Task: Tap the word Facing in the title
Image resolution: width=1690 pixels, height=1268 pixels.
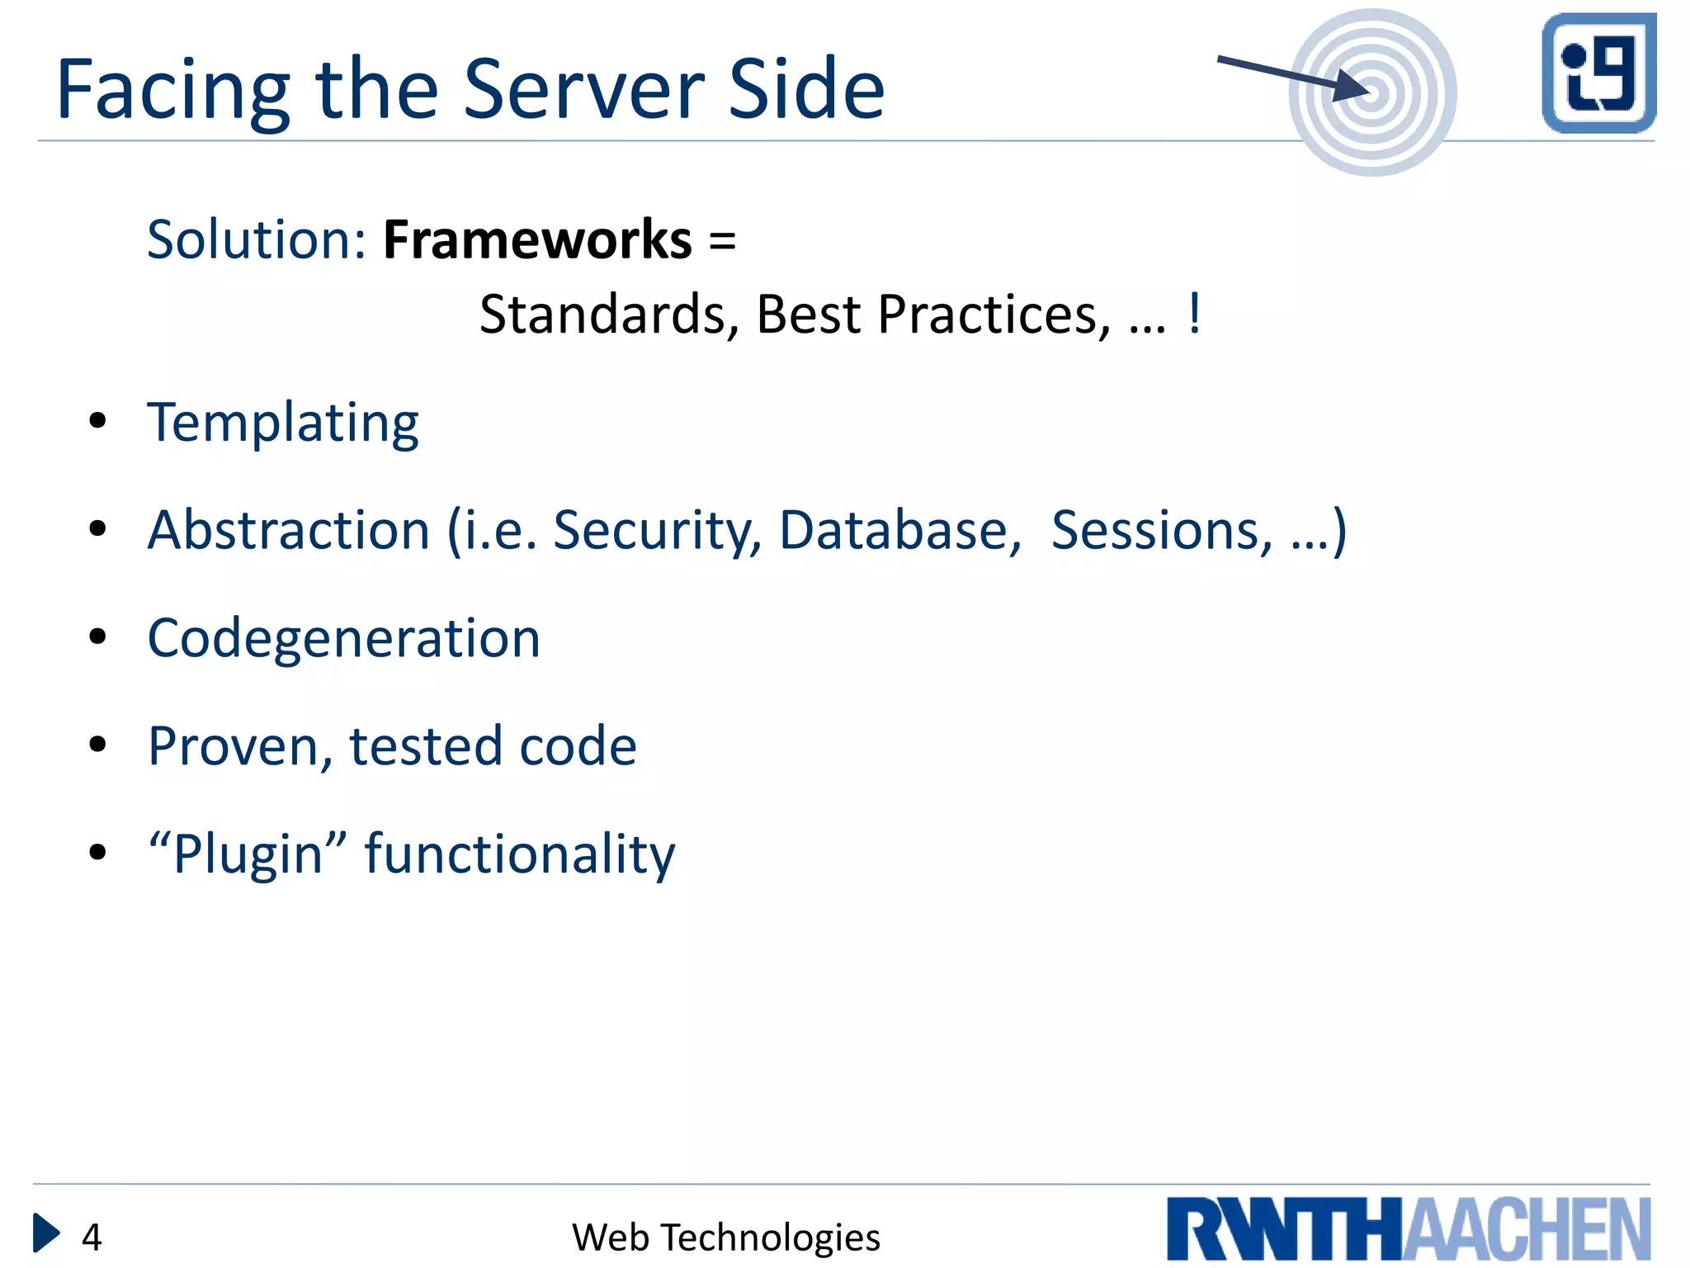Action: click(172, 91)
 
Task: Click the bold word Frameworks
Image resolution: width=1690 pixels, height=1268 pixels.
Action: click(537, 240)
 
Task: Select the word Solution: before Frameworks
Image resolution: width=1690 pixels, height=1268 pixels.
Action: click(256, 240)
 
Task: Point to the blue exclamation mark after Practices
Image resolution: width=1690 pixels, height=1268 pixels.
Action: click(1194, 314)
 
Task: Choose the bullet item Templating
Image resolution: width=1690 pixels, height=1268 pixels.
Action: click(283, 423)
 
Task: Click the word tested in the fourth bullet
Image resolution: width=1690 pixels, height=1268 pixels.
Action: click(425, 746)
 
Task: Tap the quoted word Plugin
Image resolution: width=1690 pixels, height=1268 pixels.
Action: click(248, 854)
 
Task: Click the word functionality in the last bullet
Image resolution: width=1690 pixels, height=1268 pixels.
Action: click(520, 854)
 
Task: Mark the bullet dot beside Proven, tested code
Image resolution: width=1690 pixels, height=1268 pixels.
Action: click(98, 745)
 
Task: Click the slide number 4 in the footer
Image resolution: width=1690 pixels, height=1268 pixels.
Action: click(92, 1237)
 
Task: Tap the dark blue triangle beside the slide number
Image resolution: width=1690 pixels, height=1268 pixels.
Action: click(45, 1233)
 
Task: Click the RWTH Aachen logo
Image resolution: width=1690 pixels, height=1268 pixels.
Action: click(1408, 1228)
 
